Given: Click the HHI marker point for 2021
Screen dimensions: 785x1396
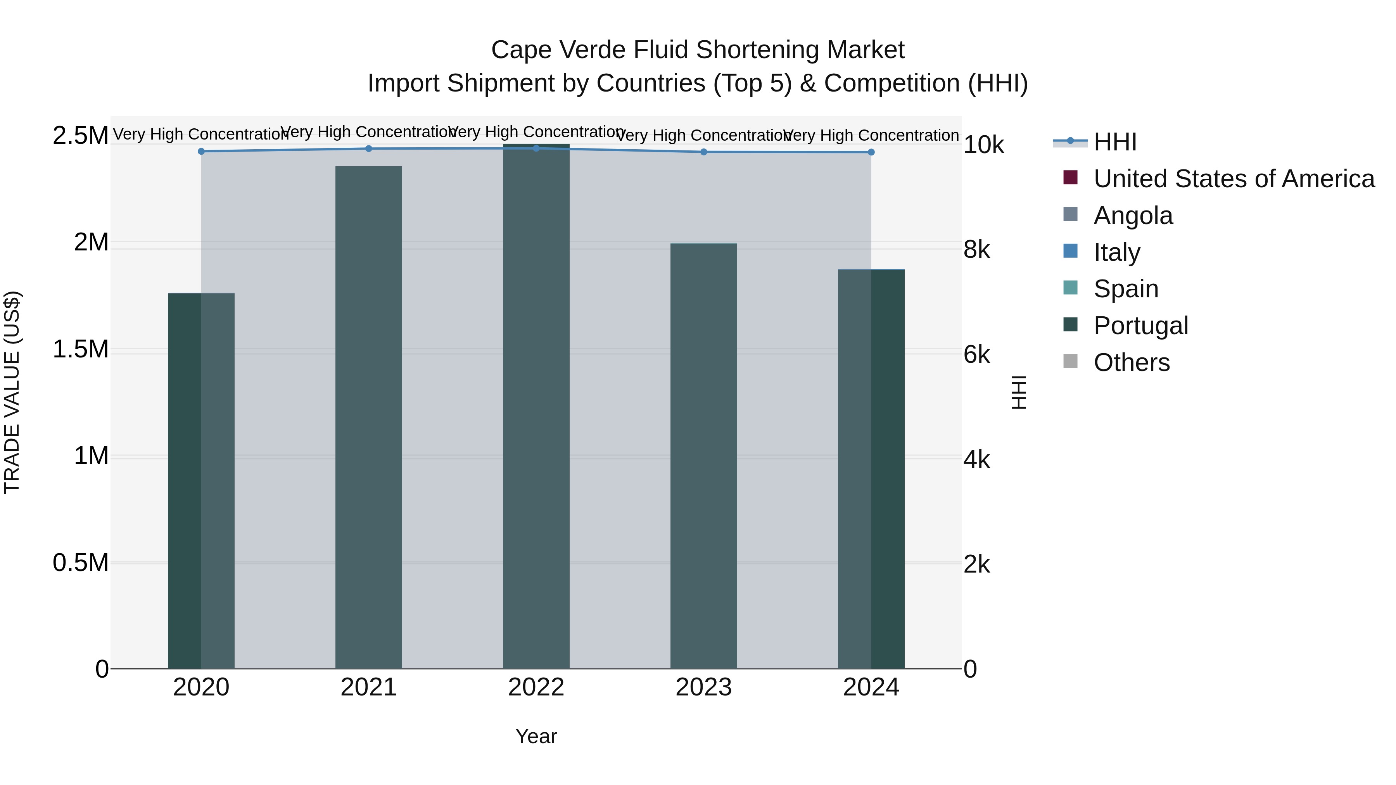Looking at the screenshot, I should coord(368,148).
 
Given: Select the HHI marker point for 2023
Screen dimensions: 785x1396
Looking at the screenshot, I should coord(703,152).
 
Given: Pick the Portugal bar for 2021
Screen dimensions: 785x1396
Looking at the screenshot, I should coord(368,417).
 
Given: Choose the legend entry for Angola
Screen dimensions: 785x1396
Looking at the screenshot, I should coord(1133,216).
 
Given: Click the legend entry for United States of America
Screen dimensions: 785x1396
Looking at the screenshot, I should coord(1234,179).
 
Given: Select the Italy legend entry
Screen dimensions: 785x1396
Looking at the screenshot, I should coord(1116,252).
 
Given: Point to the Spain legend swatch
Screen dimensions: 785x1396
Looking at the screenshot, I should coord(1070,288).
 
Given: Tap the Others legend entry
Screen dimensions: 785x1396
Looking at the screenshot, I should coord(1132,362).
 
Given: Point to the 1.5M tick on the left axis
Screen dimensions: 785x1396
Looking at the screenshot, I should coord(80,349).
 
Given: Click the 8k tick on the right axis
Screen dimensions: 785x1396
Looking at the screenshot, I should coord(976,250).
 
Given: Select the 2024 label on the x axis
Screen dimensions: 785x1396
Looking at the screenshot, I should coord(871,687).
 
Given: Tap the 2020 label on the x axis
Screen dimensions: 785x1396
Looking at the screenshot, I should coord(201,687).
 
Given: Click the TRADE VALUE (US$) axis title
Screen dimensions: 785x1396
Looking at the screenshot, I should coord(12,392).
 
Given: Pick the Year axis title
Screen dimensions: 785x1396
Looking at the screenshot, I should coord(536,736).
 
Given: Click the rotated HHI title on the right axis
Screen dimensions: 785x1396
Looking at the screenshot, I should coord(1019,392).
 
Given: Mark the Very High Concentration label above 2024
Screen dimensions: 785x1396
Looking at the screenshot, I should coord(871,135).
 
